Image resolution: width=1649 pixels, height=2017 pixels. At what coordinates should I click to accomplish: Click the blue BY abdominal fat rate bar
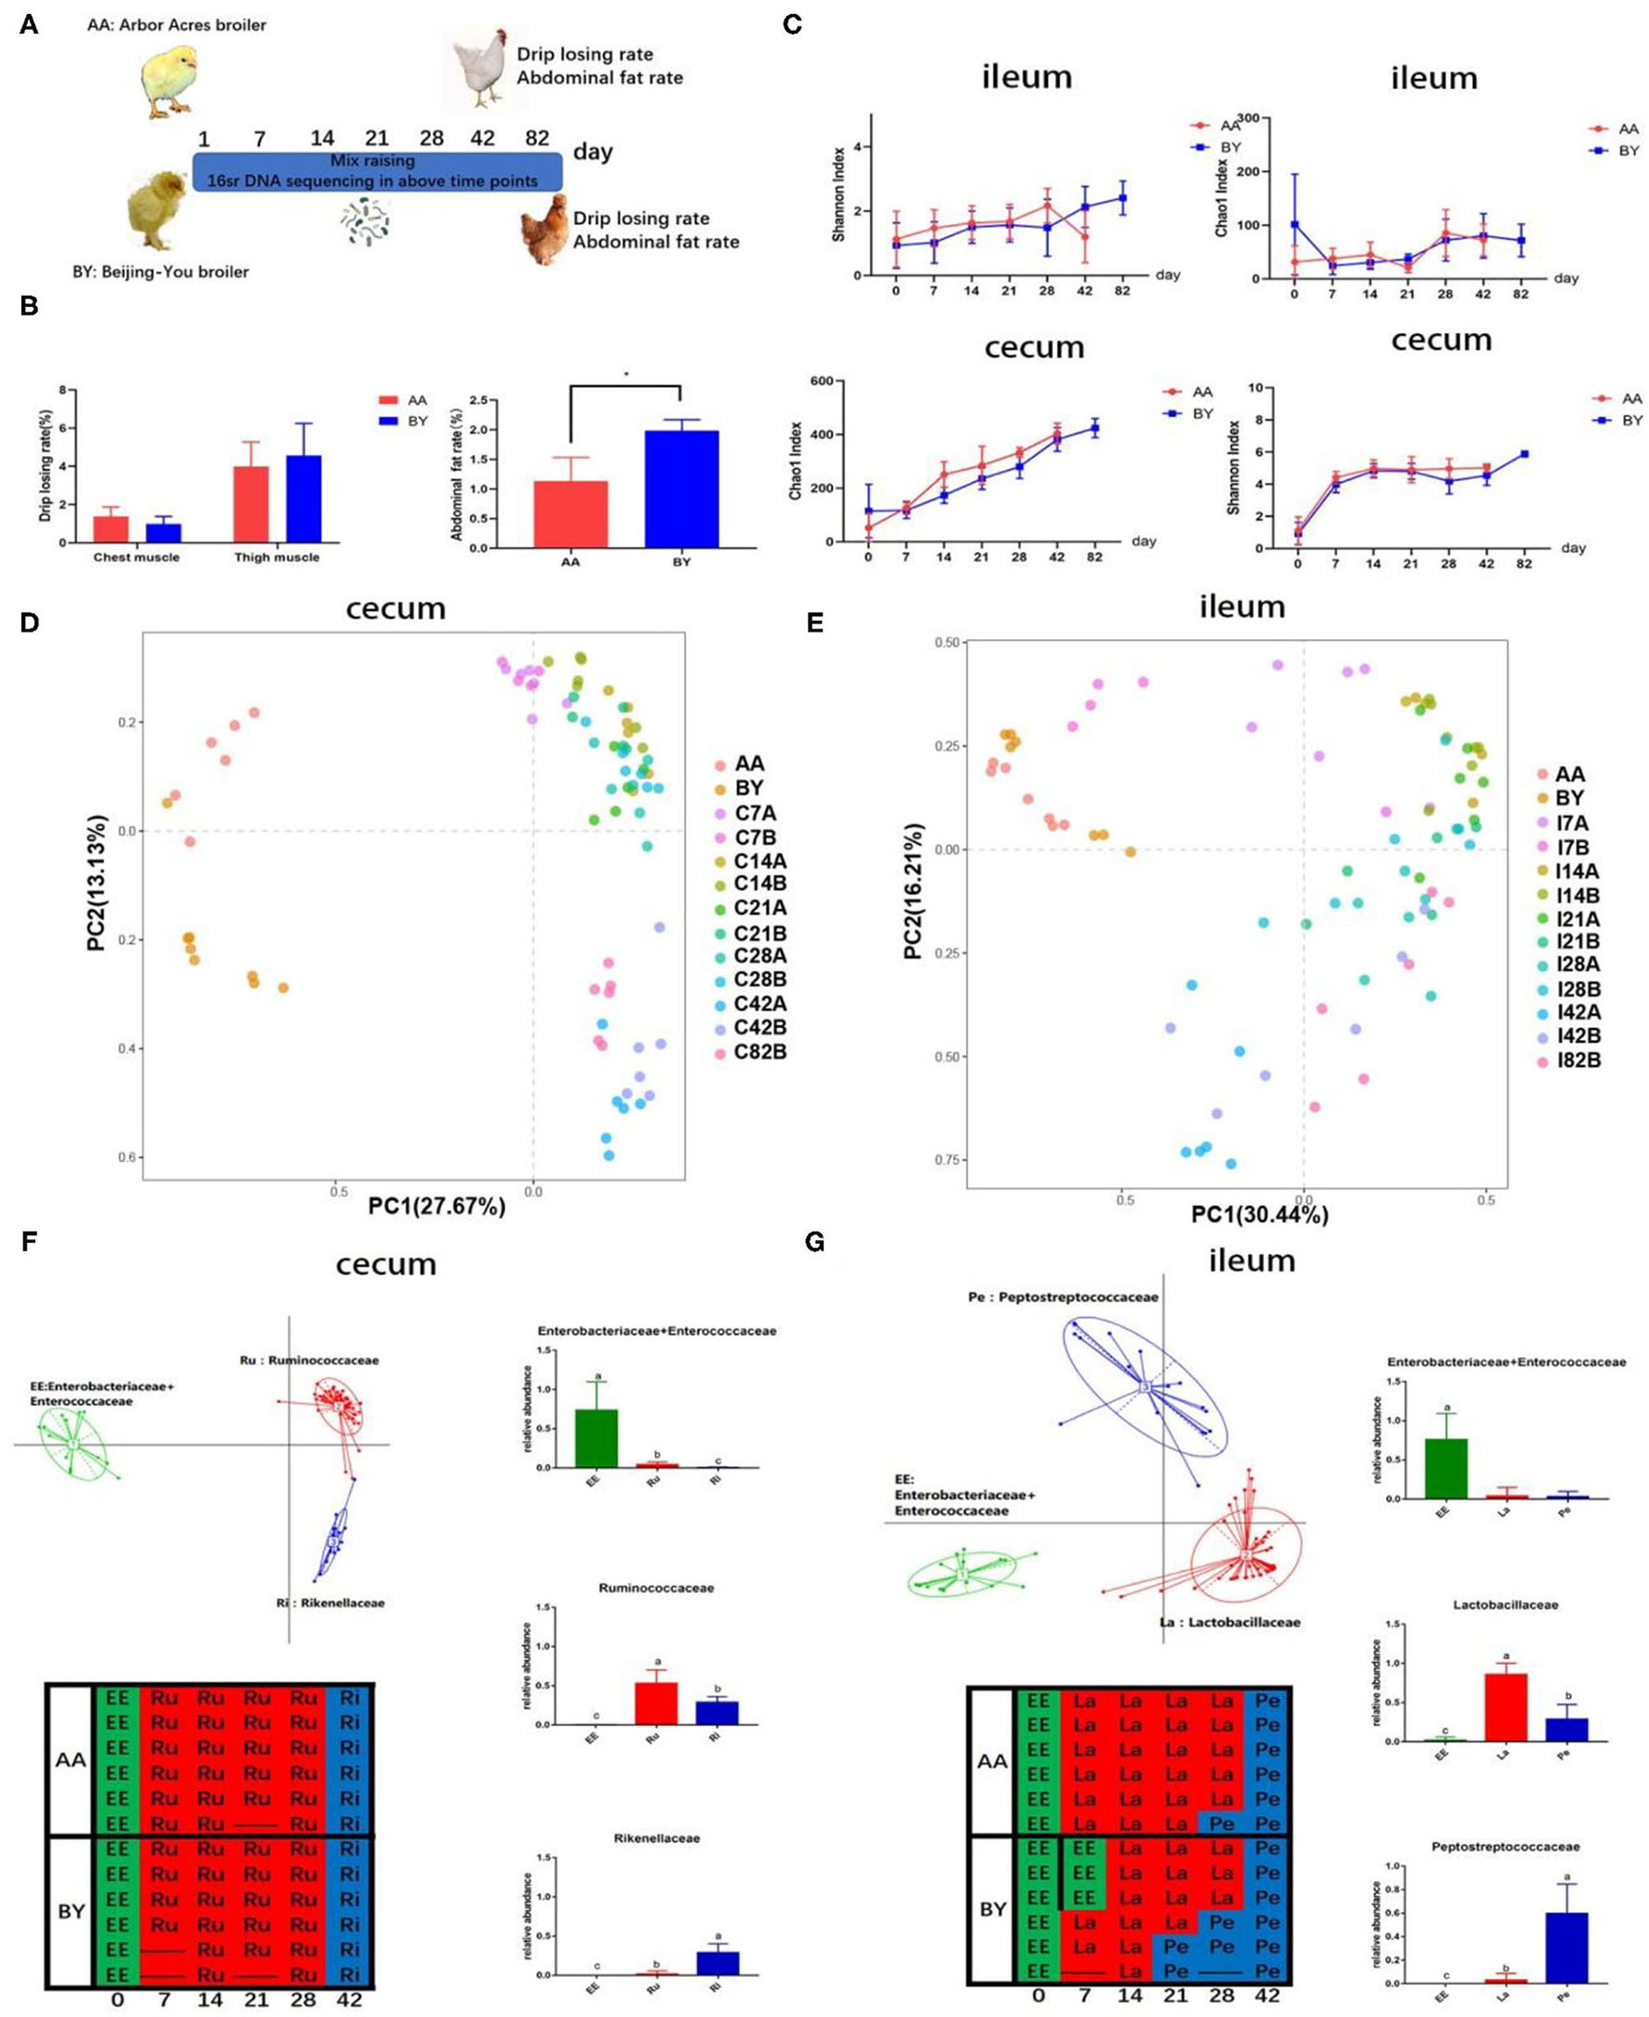coord(681,489)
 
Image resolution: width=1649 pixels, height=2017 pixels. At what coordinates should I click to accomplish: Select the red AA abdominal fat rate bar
coord(570,514)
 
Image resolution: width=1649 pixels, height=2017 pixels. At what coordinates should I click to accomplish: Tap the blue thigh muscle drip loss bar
coord(304,499)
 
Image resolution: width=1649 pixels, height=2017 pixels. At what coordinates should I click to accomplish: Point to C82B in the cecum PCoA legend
coord(759,1052)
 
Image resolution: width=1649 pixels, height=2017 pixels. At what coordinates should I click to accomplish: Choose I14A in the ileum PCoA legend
coord(1576,871)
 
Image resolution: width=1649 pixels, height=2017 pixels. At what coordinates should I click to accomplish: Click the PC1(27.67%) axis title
coord(437,1206)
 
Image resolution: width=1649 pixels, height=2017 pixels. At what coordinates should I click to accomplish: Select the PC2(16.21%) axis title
coord(914,892)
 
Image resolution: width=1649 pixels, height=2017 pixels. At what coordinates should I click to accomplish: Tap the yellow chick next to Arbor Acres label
coord(168,78)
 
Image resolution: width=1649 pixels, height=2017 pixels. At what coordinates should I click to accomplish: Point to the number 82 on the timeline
coord(537,138)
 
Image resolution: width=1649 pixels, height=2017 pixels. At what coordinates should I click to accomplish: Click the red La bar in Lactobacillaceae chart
coord(1505,1706)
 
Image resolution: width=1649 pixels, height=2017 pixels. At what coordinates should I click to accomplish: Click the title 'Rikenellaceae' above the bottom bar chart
coord(656,1837)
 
